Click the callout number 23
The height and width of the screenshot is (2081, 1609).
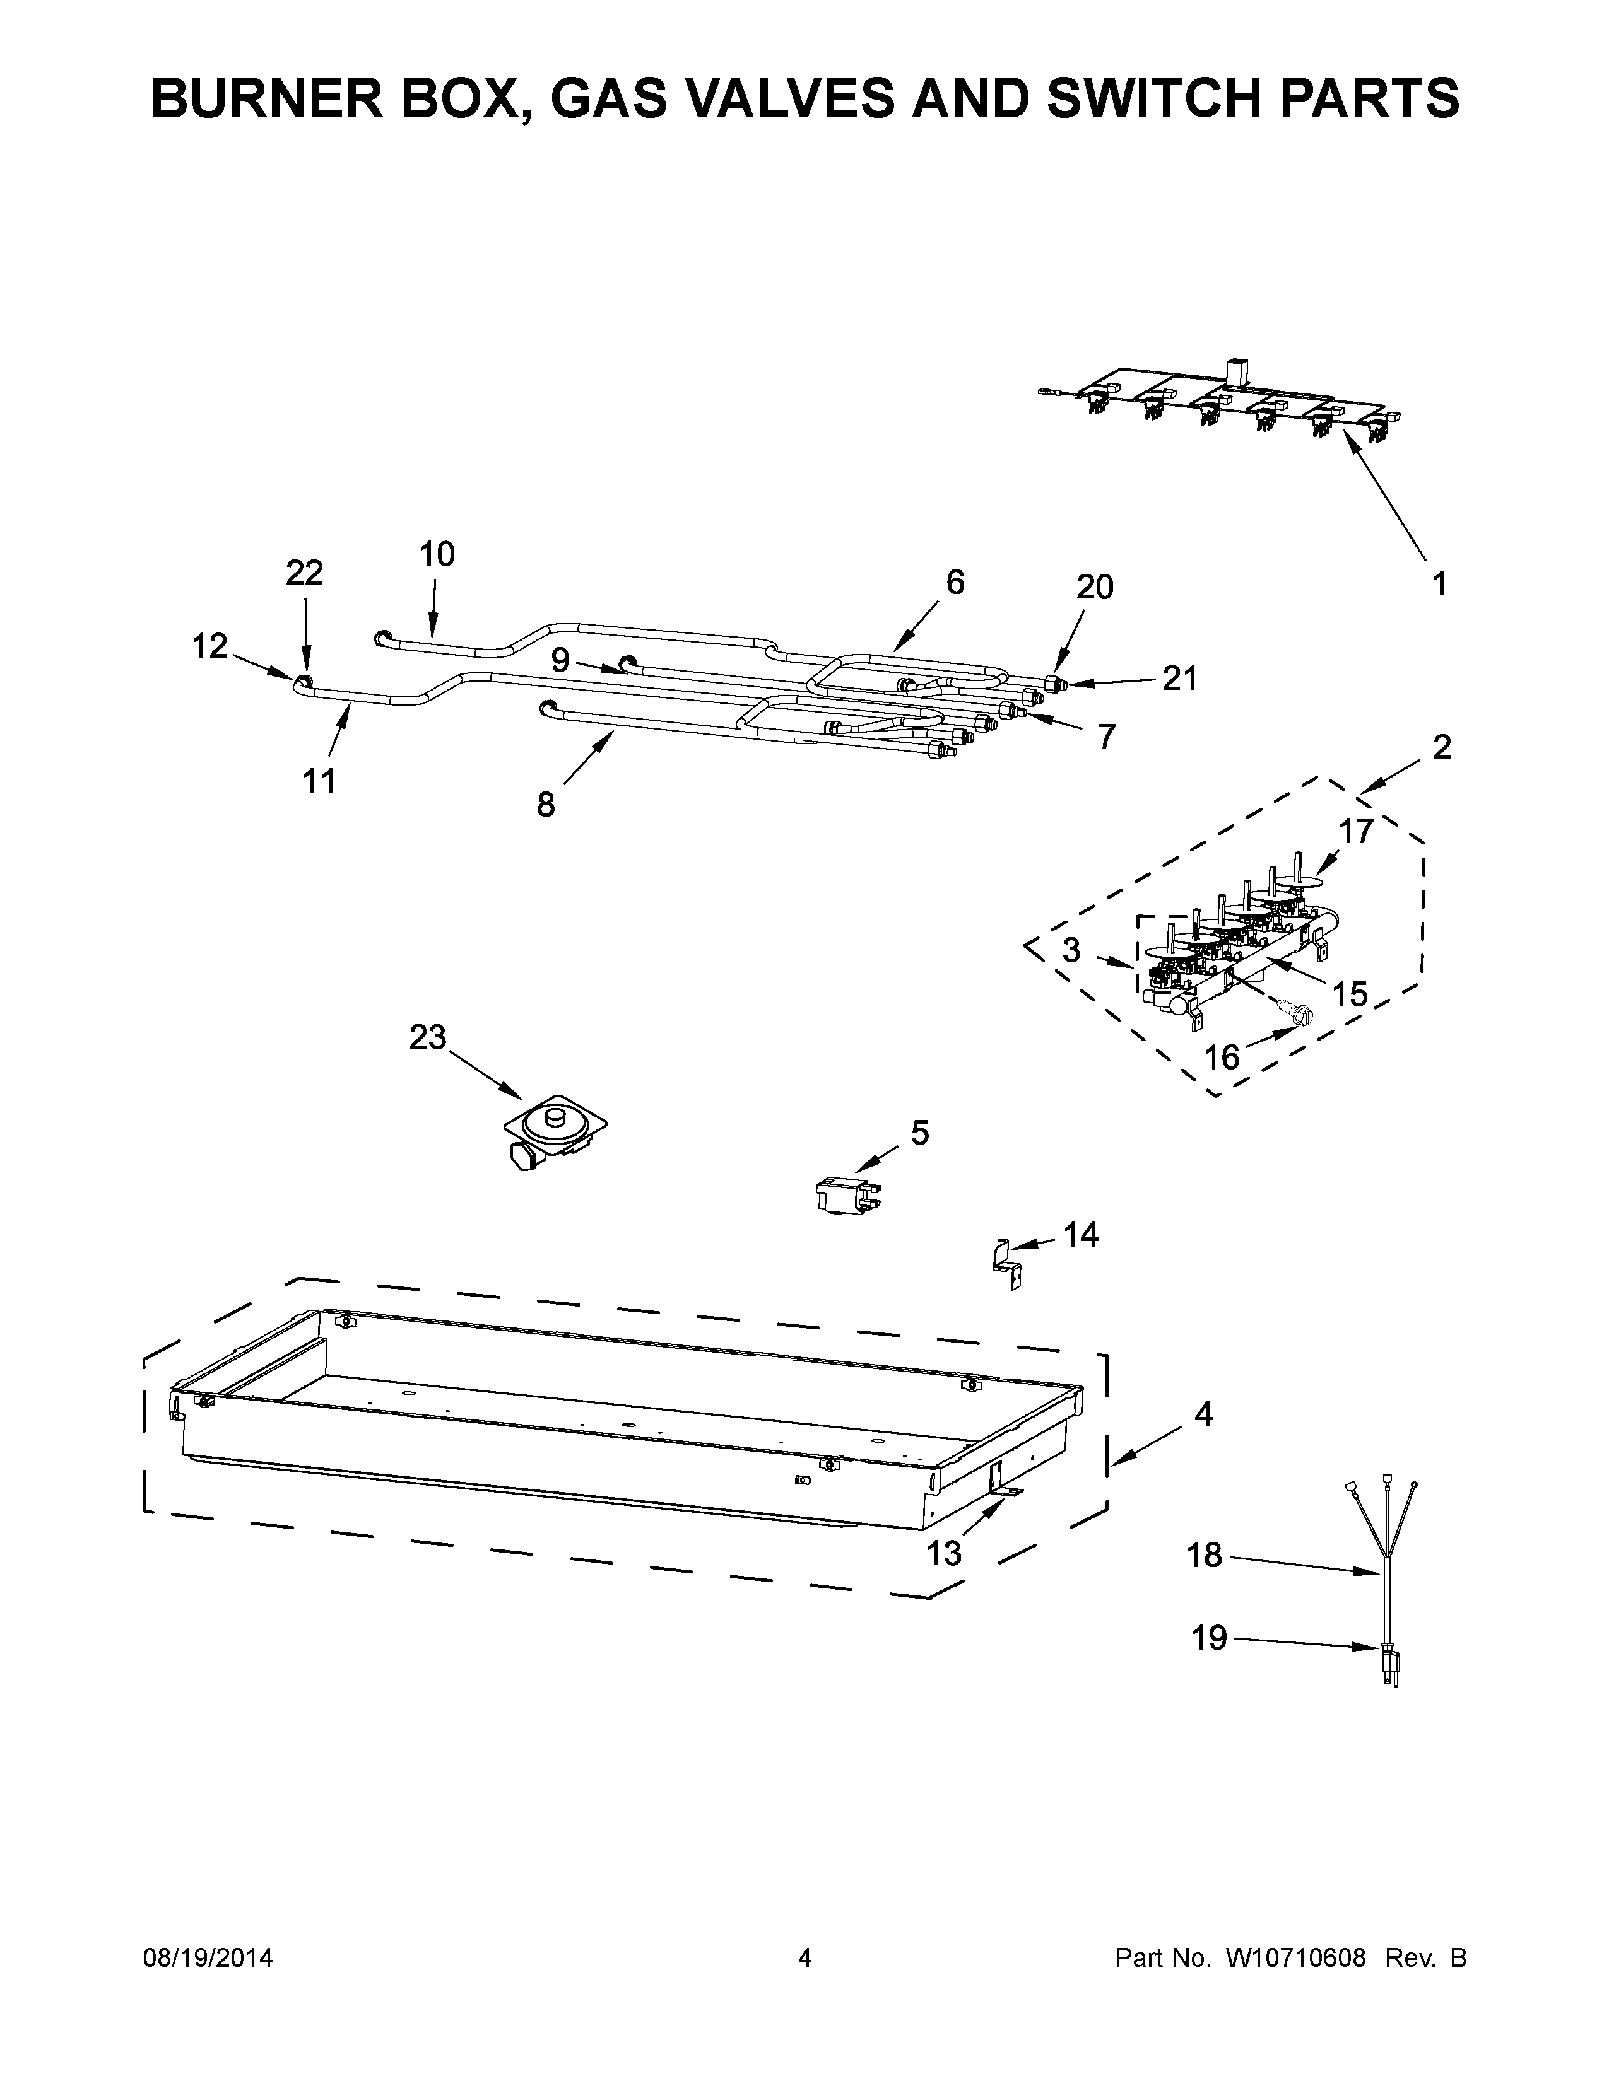(428, 1037)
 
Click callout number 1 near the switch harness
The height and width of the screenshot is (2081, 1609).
(1439, 583)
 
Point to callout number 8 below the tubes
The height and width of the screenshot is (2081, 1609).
(545, 805)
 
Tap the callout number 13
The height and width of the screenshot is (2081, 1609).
(945, 1554)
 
